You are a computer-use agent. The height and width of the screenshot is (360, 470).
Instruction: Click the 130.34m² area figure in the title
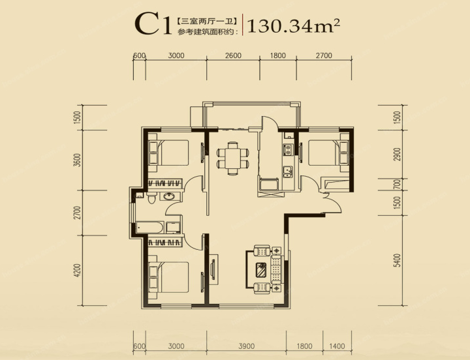294,25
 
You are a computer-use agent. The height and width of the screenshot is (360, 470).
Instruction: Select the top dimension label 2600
233,55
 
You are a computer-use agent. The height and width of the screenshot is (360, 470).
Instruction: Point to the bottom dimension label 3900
246,346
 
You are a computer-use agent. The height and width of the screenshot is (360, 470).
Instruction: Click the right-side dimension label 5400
397,260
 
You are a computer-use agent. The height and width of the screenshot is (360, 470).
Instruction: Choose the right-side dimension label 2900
397,155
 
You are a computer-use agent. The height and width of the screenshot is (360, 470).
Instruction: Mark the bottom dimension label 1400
337,346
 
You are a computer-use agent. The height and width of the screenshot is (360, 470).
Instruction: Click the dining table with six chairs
232,158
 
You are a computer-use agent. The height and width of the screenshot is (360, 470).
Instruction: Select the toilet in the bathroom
151,198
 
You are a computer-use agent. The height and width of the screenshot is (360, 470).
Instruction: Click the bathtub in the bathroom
149,228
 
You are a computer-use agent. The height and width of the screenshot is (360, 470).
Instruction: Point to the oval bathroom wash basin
170,196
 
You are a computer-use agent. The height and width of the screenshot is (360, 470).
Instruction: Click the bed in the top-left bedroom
169,153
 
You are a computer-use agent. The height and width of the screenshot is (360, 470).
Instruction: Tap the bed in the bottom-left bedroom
169,277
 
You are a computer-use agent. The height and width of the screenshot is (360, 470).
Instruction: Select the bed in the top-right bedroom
328,153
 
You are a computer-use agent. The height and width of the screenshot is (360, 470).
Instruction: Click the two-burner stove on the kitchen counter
288,149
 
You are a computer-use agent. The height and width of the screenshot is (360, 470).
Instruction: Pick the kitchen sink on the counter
287,172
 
